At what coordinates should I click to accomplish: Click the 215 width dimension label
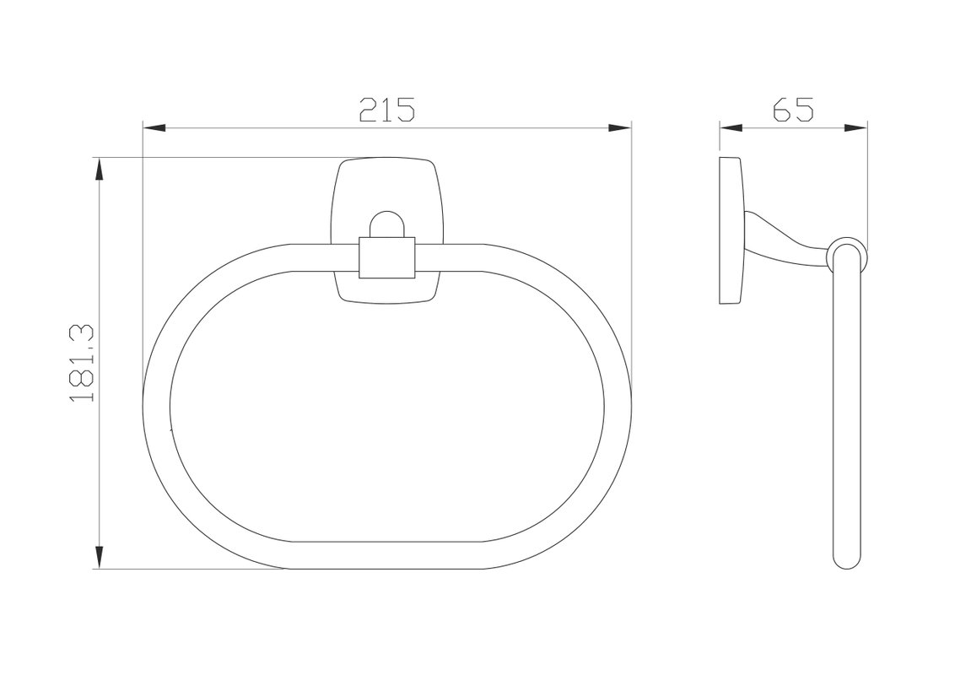[x=386, y=110]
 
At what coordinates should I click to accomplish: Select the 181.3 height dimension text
[x=82, y=363]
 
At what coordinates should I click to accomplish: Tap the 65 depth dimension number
[x=793, y=110]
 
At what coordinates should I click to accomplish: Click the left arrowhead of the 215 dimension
[x=154, y=128]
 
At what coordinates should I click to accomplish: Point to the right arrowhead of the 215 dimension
[x=619, y=128]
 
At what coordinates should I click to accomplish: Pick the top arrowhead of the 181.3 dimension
[x=99, y=170]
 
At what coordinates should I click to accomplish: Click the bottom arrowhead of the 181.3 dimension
[x=99, y=558]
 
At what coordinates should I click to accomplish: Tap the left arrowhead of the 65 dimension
[x=731, y=128]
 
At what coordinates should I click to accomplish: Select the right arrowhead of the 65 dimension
[x=855, y=128]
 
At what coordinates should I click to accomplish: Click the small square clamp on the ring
[x=387, y=257]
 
